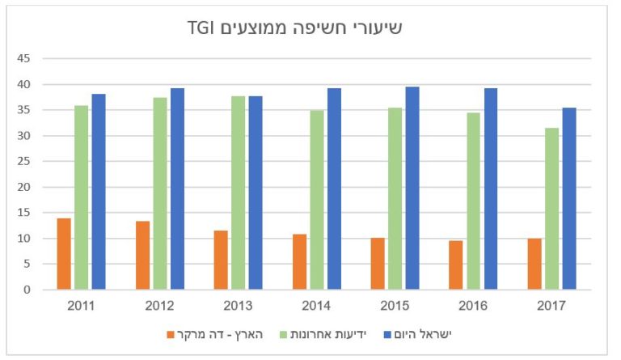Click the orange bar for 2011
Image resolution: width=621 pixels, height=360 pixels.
[x=64, y=254]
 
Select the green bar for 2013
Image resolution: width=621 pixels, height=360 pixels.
[x=239, y=193]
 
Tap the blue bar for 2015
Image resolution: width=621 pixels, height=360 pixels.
[x=412, y=188]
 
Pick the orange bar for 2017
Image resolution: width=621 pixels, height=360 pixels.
[x=534, y=264]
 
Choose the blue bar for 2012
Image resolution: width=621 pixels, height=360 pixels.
[x=177, y=188]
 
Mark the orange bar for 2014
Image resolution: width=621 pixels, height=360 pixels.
[x=299, y=261]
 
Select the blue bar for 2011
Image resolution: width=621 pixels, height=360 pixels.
[x=99, y=192]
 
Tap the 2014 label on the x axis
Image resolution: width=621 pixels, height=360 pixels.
[x=316, y=306]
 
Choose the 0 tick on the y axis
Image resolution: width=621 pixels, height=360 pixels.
[x=27, y=290]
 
